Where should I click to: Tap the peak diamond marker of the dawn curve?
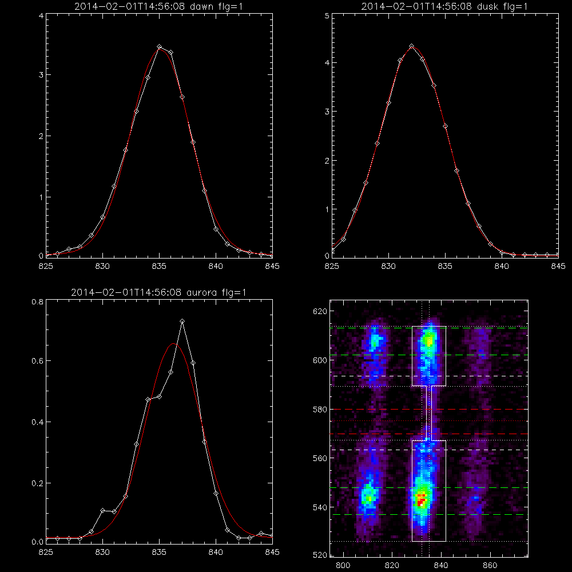coord(159,47)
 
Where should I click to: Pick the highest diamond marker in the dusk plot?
coord(411,46)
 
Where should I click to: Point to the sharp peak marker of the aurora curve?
coord(182,321)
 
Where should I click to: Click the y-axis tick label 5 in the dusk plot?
coord(327,16)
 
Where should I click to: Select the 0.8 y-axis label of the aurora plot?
coord(38,301)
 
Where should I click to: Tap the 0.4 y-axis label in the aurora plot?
coord(38,422)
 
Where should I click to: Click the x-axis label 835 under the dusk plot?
coord(445,267)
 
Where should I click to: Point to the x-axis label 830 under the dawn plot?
coord(102,267)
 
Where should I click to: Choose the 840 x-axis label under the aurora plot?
coord(216,553)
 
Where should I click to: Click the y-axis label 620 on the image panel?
coord(320,311)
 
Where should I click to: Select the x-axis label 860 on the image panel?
coord(490,566)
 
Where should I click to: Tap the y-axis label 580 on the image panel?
coord(320,410)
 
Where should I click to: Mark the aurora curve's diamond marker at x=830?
coord(102,510)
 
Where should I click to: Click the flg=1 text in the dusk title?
coord(516,6)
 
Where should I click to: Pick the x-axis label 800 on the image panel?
coord(343,566)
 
